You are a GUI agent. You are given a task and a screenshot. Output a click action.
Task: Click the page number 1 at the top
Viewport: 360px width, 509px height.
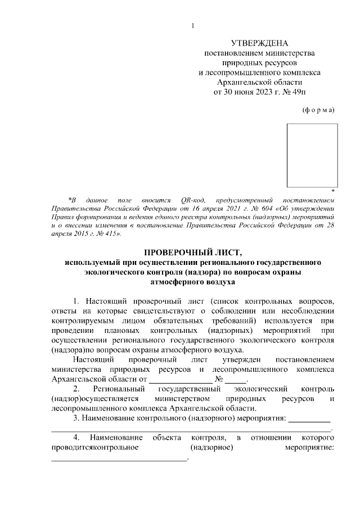tap(192, 25)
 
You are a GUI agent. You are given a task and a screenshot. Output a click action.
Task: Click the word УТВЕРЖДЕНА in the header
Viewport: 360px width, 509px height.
tap(260, 43)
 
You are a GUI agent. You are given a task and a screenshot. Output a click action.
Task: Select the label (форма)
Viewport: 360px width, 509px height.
tap(318, 110)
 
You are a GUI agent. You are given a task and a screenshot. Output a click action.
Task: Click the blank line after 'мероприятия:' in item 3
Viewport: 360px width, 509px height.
tap(309, 421)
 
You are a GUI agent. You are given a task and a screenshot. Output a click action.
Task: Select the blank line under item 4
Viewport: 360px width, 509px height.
tap(119, 461)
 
